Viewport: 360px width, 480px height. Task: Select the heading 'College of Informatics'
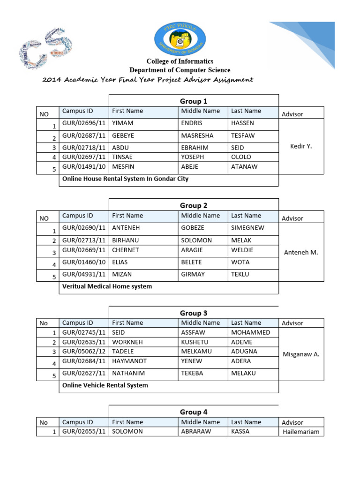(180, 61)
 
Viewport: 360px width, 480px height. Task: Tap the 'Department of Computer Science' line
(180, 70)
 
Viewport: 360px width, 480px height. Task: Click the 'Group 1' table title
(194, 101)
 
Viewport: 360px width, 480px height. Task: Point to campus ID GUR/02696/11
(84, 123)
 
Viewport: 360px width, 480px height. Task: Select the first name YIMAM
(123, 123)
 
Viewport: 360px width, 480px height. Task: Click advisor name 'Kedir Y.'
(301, 146)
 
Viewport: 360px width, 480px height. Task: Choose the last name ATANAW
(244, 167)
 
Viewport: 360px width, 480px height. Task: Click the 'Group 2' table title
(194, 206)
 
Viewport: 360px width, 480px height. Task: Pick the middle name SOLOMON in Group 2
(196, 240)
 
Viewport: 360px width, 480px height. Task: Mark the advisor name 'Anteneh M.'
(301, 252)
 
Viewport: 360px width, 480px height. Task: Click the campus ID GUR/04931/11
(84, 274)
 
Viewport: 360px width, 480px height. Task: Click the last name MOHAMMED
(251, 333)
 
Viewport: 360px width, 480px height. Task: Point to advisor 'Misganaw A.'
(301, 354)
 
